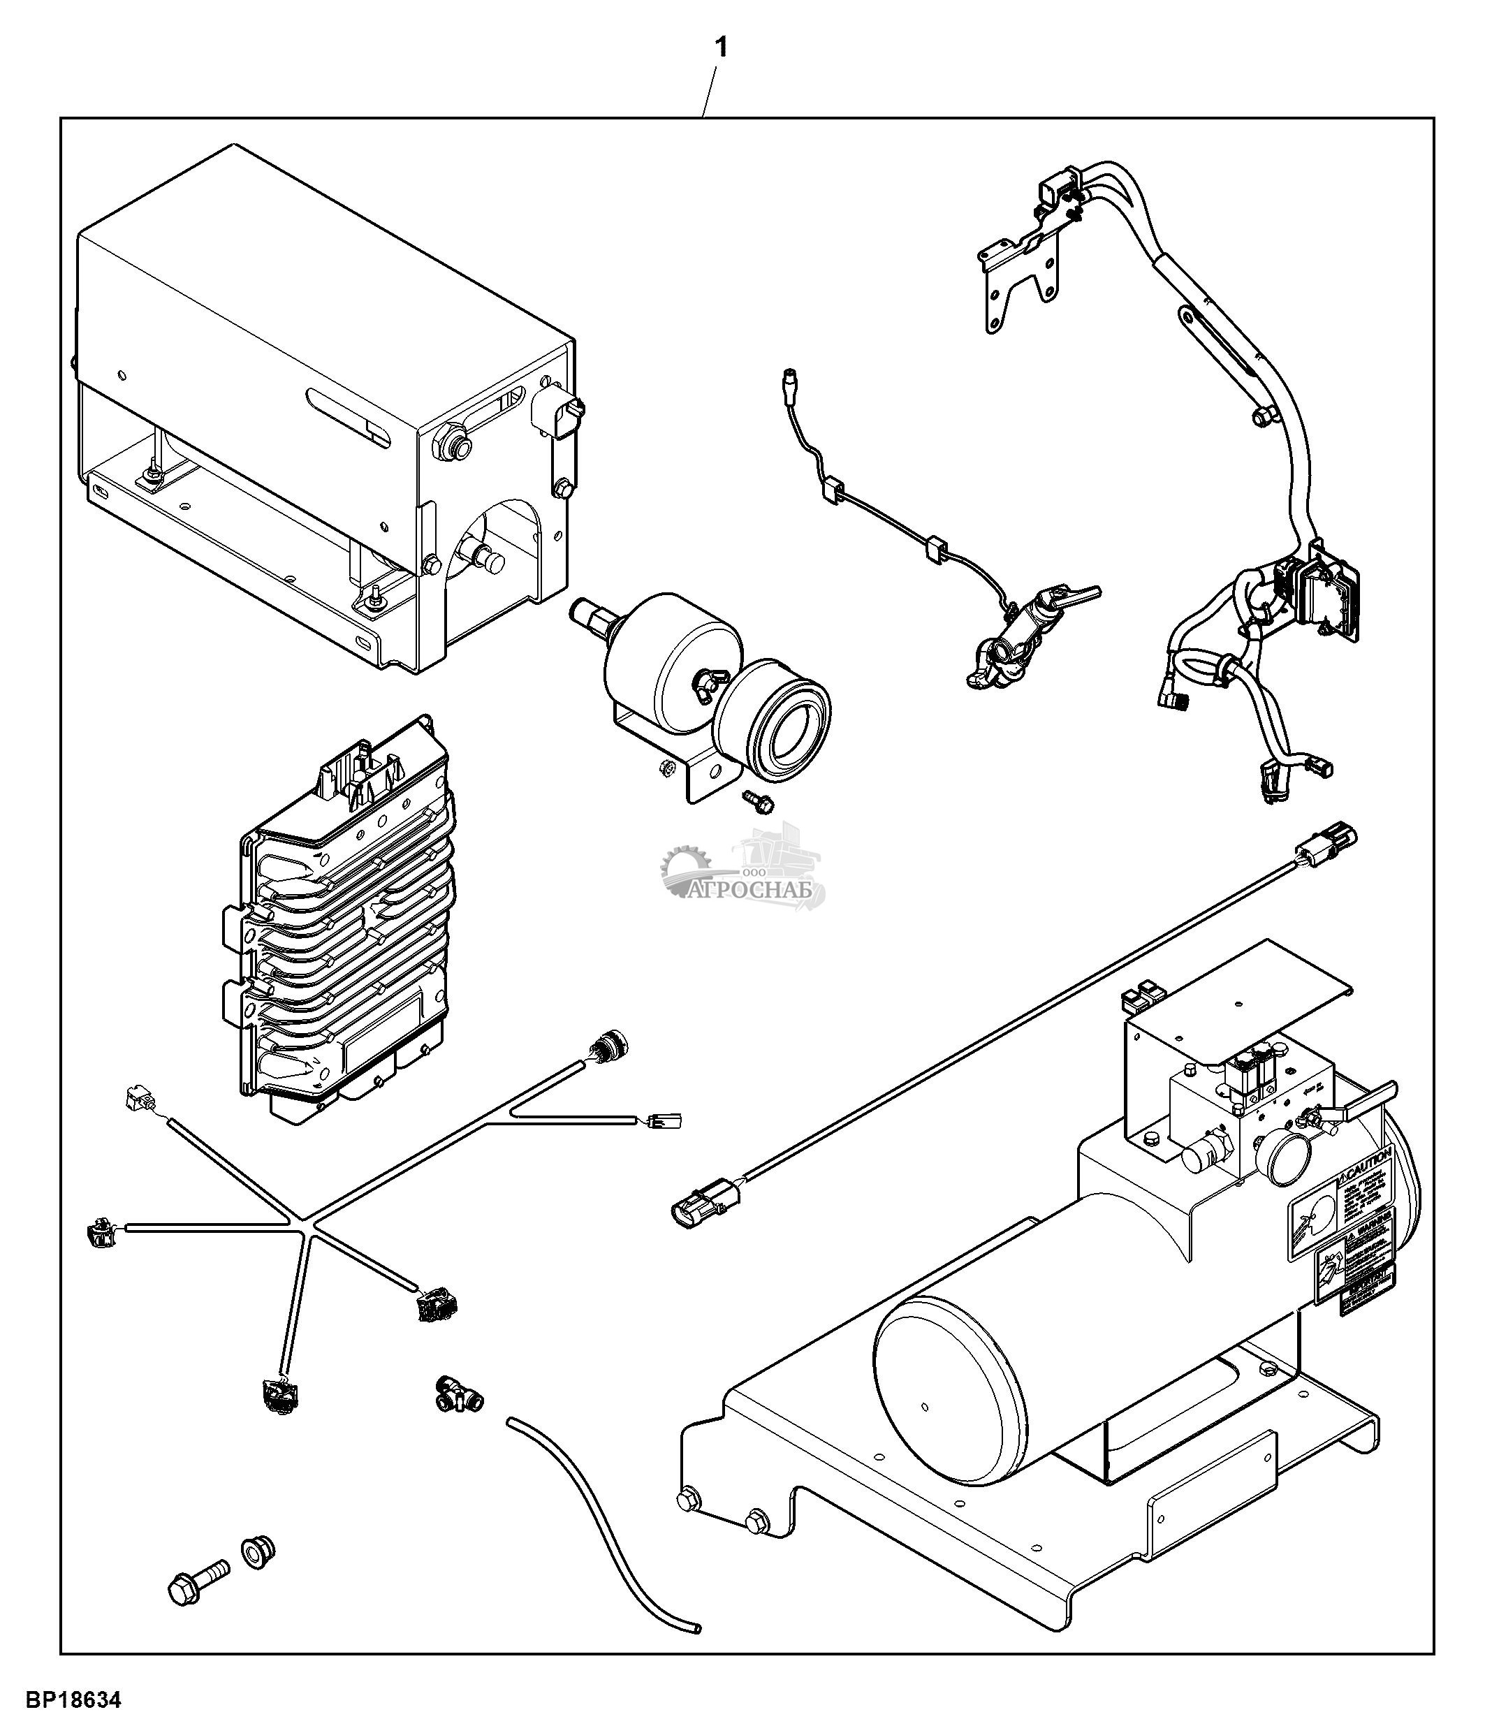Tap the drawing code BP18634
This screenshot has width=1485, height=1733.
pos(73,1700)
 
